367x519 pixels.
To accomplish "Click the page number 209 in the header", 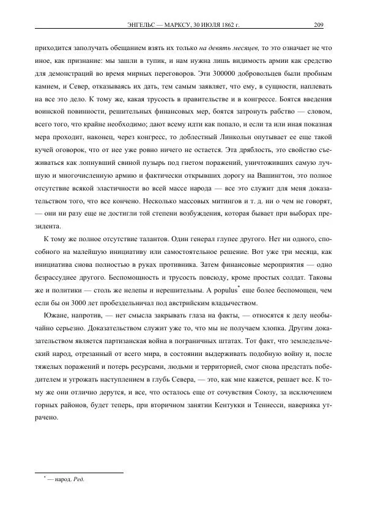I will [318, 25].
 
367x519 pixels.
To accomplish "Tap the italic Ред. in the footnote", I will [80, 480].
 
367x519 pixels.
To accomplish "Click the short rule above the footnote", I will [80, 471].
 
